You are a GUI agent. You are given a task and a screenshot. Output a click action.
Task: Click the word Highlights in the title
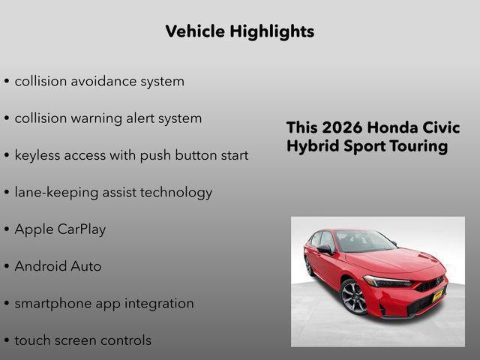coord(272,31)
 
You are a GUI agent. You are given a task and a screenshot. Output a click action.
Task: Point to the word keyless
coord(38,155)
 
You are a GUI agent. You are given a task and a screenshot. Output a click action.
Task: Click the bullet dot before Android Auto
coord(7,267)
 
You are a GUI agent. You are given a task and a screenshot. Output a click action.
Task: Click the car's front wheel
coord(353,297)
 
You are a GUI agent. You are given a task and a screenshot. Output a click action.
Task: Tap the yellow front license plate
coord(437,295)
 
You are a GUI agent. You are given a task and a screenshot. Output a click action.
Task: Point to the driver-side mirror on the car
coord(324,249)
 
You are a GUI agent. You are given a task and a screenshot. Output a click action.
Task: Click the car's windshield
coord(364,241)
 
